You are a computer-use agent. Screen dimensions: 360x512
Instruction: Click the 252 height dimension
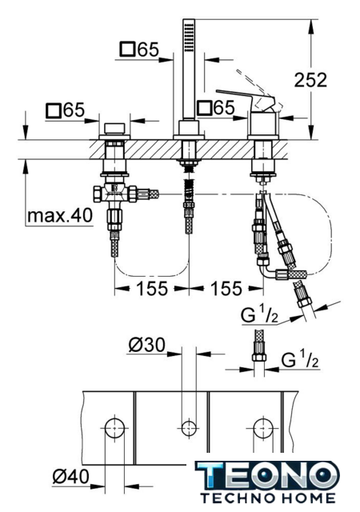pyautogui.click(x=310, y=80)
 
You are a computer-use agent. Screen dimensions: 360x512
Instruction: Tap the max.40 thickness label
pyautogui.click(x=60, y=215)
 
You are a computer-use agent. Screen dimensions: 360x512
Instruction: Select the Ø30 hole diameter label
pyautogui.click(x=146, y=345)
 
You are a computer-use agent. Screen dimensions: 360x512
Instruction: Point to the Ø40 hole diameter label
pyautogui.click(x=70, y=477)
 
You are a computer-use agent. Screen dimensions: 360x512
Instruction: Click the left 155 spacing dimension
pyautogui.click(x=151, y=289)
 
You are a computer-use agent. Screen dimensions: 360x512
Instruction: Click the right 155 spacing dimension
pyautogui.click(x=226, y=289)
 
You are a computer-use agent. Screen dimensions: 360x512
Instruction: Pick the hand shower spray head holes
pyautogui.click(x=189, y=36)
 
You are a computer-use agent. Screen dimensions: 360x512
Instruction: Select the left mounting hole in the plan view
pyautogui.click(x=114, y=428)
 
